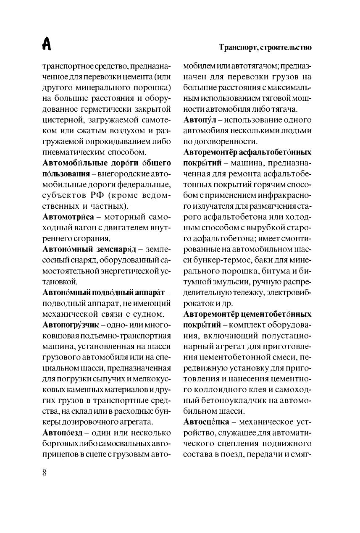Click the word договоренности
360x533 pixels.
click(x=227, y=142)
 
